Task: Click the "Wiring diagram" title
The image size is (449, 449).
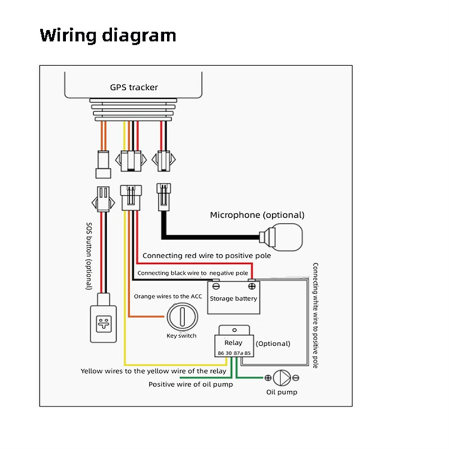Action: (108, 35)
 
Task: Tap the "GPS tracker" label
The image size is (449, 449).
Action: (134, 87)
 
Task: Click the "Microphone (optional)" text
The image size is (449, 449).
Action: (257, 215)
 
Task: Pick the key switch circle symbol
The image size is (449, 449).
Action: (181, 318)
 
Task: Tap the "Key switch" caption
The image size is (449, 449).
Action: (182, 336)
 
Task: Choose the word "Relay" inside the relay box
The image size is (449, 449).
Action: (233, 342)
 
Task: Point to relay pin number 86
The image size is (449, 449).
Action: (221, 353)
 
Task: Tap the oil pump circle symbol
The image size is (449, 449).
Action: (282, 378)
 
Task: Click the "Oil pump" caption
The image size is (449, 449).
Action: (282, 392)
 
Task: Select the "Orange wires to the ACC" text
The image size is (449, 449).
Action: (167, 296)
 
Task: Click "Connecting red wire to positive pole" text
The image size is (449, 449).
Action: (207, 256)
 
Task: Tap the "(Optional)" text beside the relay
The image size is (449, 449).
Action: (273, 343)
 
